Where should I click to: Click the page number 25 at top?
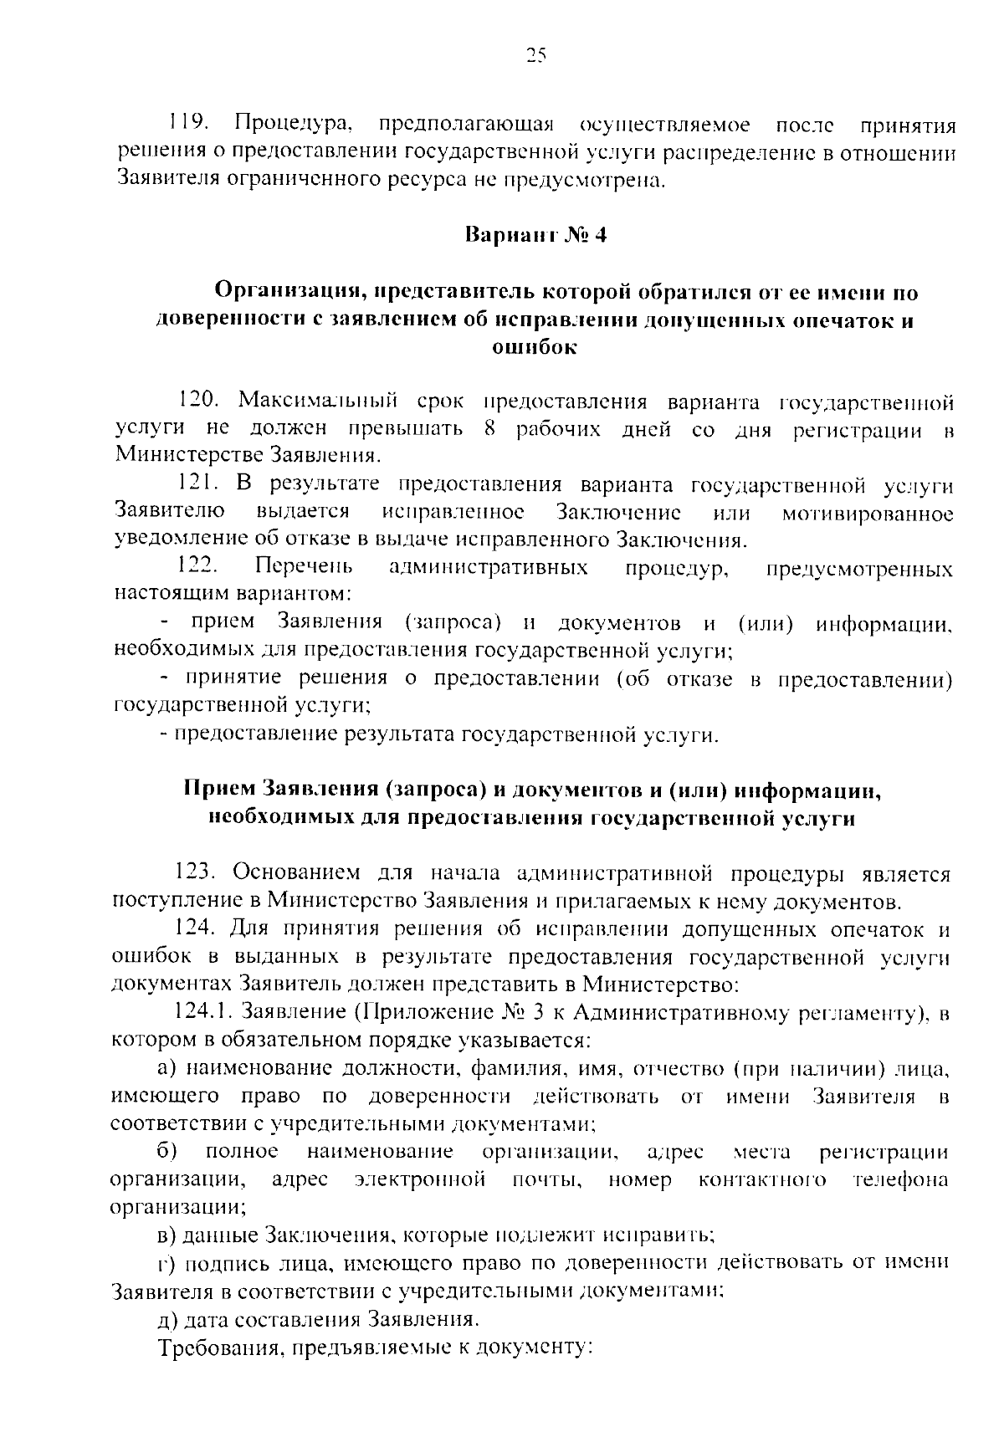click(x=535, y=56)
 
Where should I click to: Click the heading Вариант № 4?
click(x=535, y=234)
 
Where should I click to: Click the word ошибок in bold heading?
click(x=534, y=348)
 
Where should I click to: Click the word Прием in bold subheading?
click(x=219, y=790)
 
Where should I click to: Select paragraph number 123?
click(x=197, y=873)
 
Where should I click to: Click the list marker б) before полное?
click(x=166, y=1152)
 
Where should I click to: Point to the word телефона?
click(x=900, y=1179)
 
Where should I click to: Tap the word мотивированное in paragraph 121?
click(x=868, y=512)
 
